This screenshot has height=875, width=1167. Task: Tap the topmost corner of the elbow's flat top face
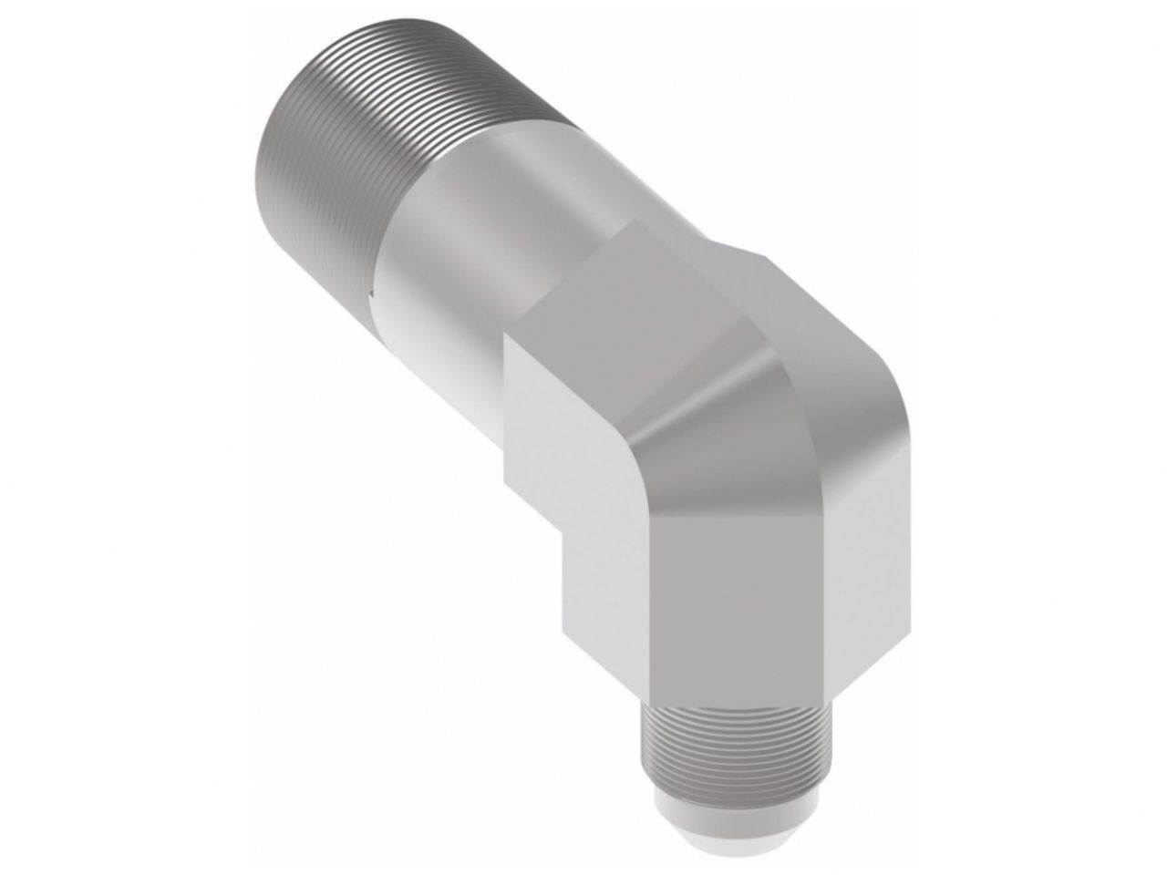(x=632, y=221)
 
